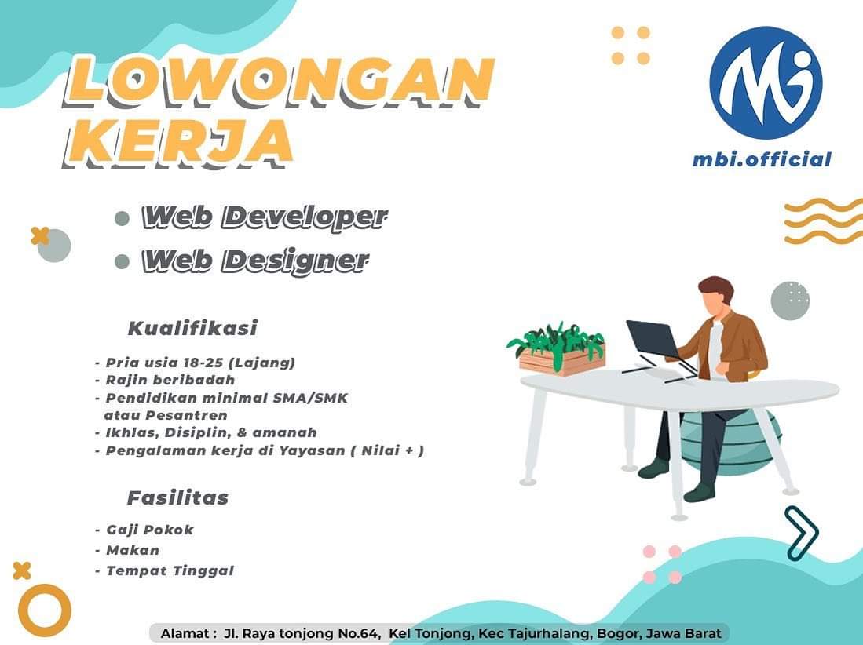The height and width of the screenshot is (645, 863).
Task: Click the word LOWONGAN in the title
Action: pos(279,82)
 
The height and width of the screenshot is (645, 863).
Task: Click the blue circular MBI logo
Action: pos(765,82)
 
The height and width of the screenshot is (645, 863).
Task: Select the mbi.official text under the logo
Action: pos(762,159)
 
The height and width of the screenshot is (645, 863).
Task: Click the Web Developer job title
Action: pos(265,217)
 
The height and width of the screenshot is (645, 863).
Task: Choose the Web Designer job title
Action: pos(255,261)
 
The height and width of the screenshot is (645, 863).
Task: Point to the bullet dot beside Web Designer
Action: pos(122,261)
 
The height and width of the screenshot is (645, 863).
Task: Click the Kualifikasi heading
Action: pos(192,328)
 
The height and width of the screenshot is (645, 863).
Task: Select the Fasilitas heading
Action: pos(177,497)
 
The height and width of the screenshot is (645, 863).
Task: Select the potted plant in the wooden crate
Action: pos(557,348)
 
